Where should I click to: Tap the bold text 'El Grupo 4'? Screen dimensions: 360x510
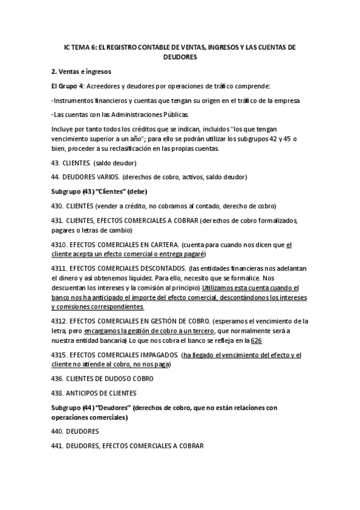67,86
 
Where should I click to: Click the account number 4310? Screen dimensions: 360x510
59,245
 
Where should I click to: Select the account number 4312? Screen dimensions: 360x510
59,321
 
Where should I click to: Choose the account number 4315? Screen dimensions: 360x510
59,355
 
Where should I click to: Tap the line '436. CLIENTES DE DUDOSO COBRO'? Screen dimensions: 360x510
102,378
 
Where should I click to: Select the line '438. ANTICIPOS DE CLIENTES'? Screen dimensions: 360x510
93,393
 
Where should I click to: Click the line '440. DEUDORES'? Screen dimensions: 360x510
75,431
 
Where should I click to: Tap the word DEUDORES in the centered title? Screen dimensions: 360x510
180,57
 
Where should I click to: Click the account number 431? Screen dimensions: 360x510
57,221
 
